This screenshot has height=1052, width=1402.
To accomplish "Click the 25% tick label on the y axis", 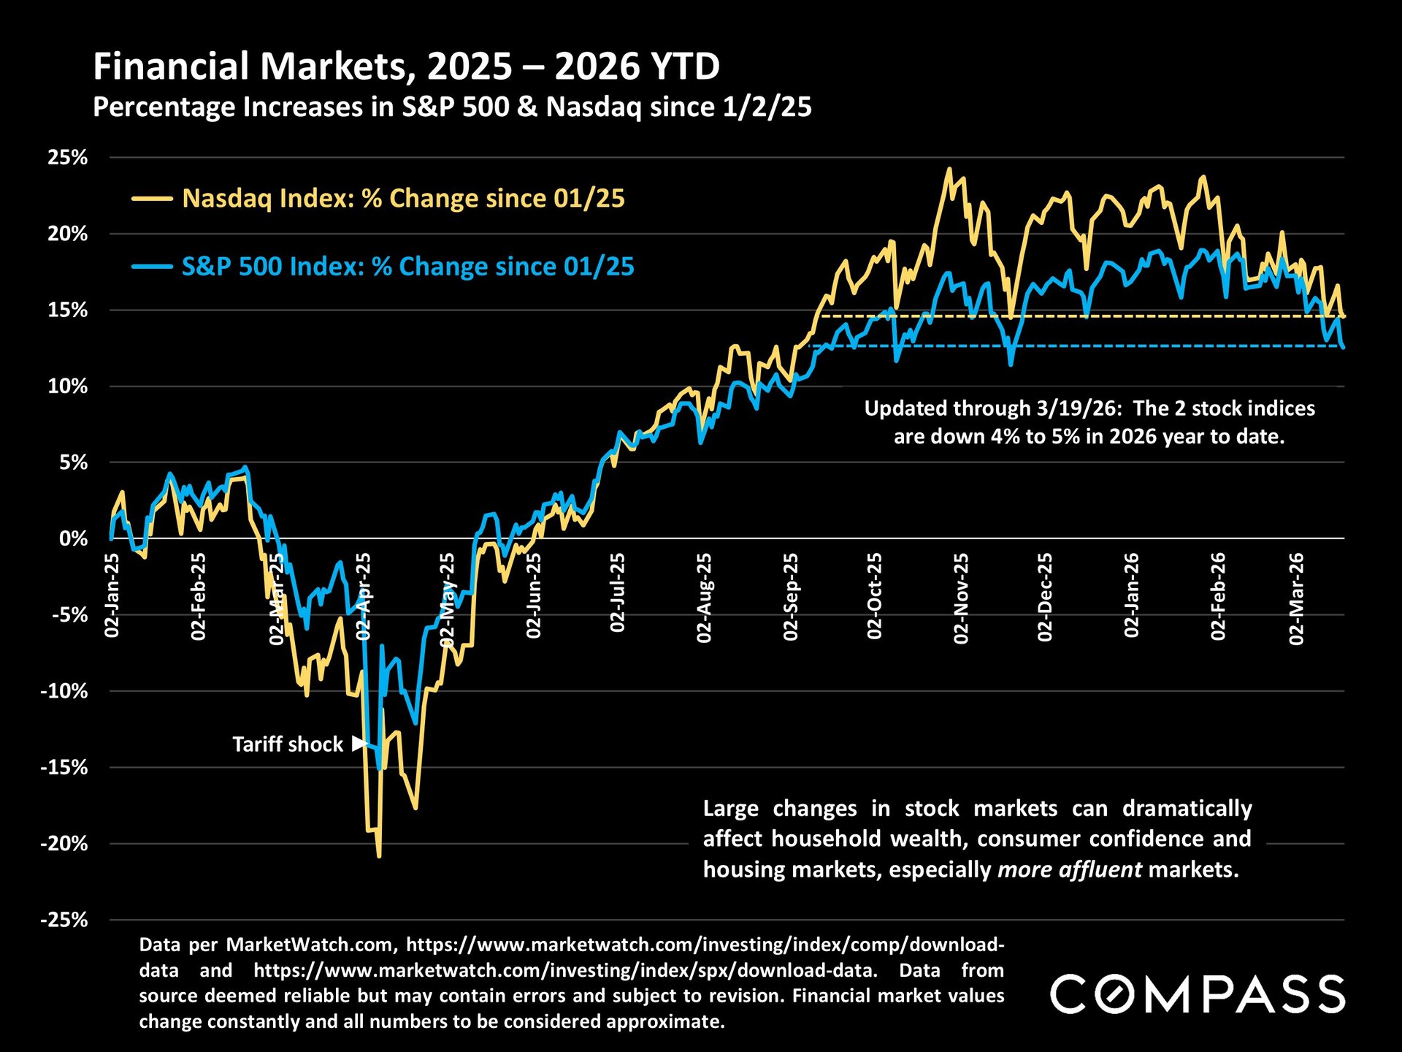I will coord(67,158).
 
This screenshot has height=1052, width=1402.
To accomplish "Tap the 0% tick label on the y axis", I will coord(73,539).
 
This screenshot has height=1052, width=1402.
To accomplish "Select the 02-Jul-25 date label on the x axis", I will coord(618,592).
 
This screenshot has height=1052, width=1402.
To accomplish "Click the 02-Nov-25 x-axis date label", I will coord(961,598).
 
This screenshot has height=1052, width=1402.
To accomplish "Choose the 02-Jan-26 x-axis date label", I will coord(1131,595).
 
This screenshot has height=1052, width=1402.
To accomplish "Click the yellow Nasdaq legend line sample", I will coord(152,199).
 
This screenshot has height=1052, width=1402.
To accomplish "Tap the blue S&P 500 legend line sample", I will coord(152,267).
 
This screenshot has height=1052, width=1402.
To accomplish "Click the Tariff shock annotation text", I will coord(287,744).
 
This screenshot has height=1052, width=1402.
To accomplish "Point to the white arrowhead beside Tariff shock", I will coord(359,744).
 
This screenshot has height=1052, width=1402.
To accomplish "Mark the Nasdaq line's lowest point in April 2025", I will coord(379,856).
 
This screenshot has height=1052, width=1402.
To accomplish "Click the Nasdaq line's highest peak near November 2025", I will coord(949,169).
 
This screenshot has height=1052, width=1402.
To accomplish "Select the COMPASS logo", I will coord(1198,994).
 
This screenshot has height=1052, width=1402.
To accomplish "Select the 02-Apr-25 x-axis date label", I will coord(363,597).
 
